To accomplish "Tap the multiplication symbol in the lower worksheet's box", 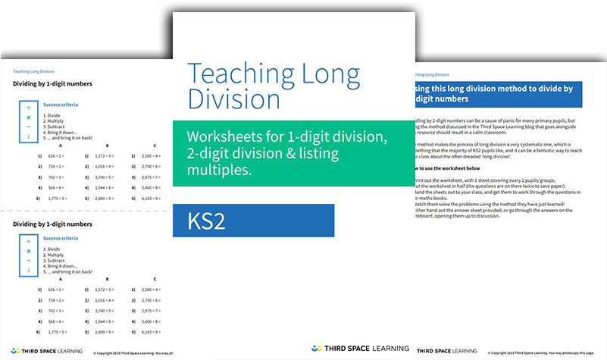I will click(29, 251).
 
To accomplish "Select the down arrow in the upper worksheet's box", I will click(29, 136).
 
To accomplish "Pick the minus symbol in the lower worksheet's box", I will click(29, 260).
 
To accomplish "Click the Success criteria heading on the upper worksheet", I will click(61, 105).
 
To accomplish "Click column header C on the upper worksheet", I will click(155, 145).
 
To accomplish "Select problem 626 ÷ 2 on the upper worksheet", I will click(56, 155).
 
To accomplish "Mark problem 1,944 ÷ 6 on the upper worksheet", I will click(106, 186).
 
